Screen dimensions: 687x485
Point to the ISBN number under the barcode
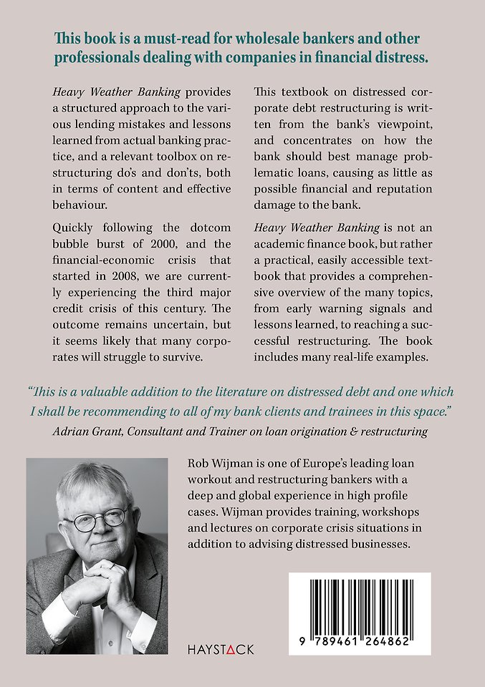(360, 643)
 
